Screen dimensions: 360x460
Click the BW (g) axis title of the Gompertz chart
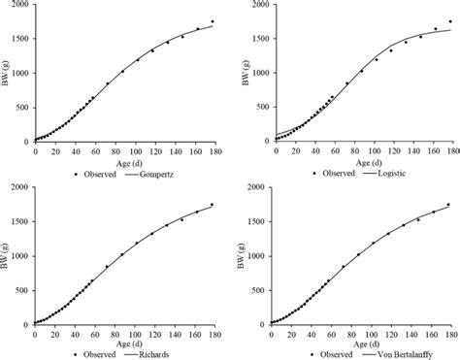click(7, 73)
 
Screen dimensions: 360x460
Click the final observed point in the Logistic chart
click(448, 21)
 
